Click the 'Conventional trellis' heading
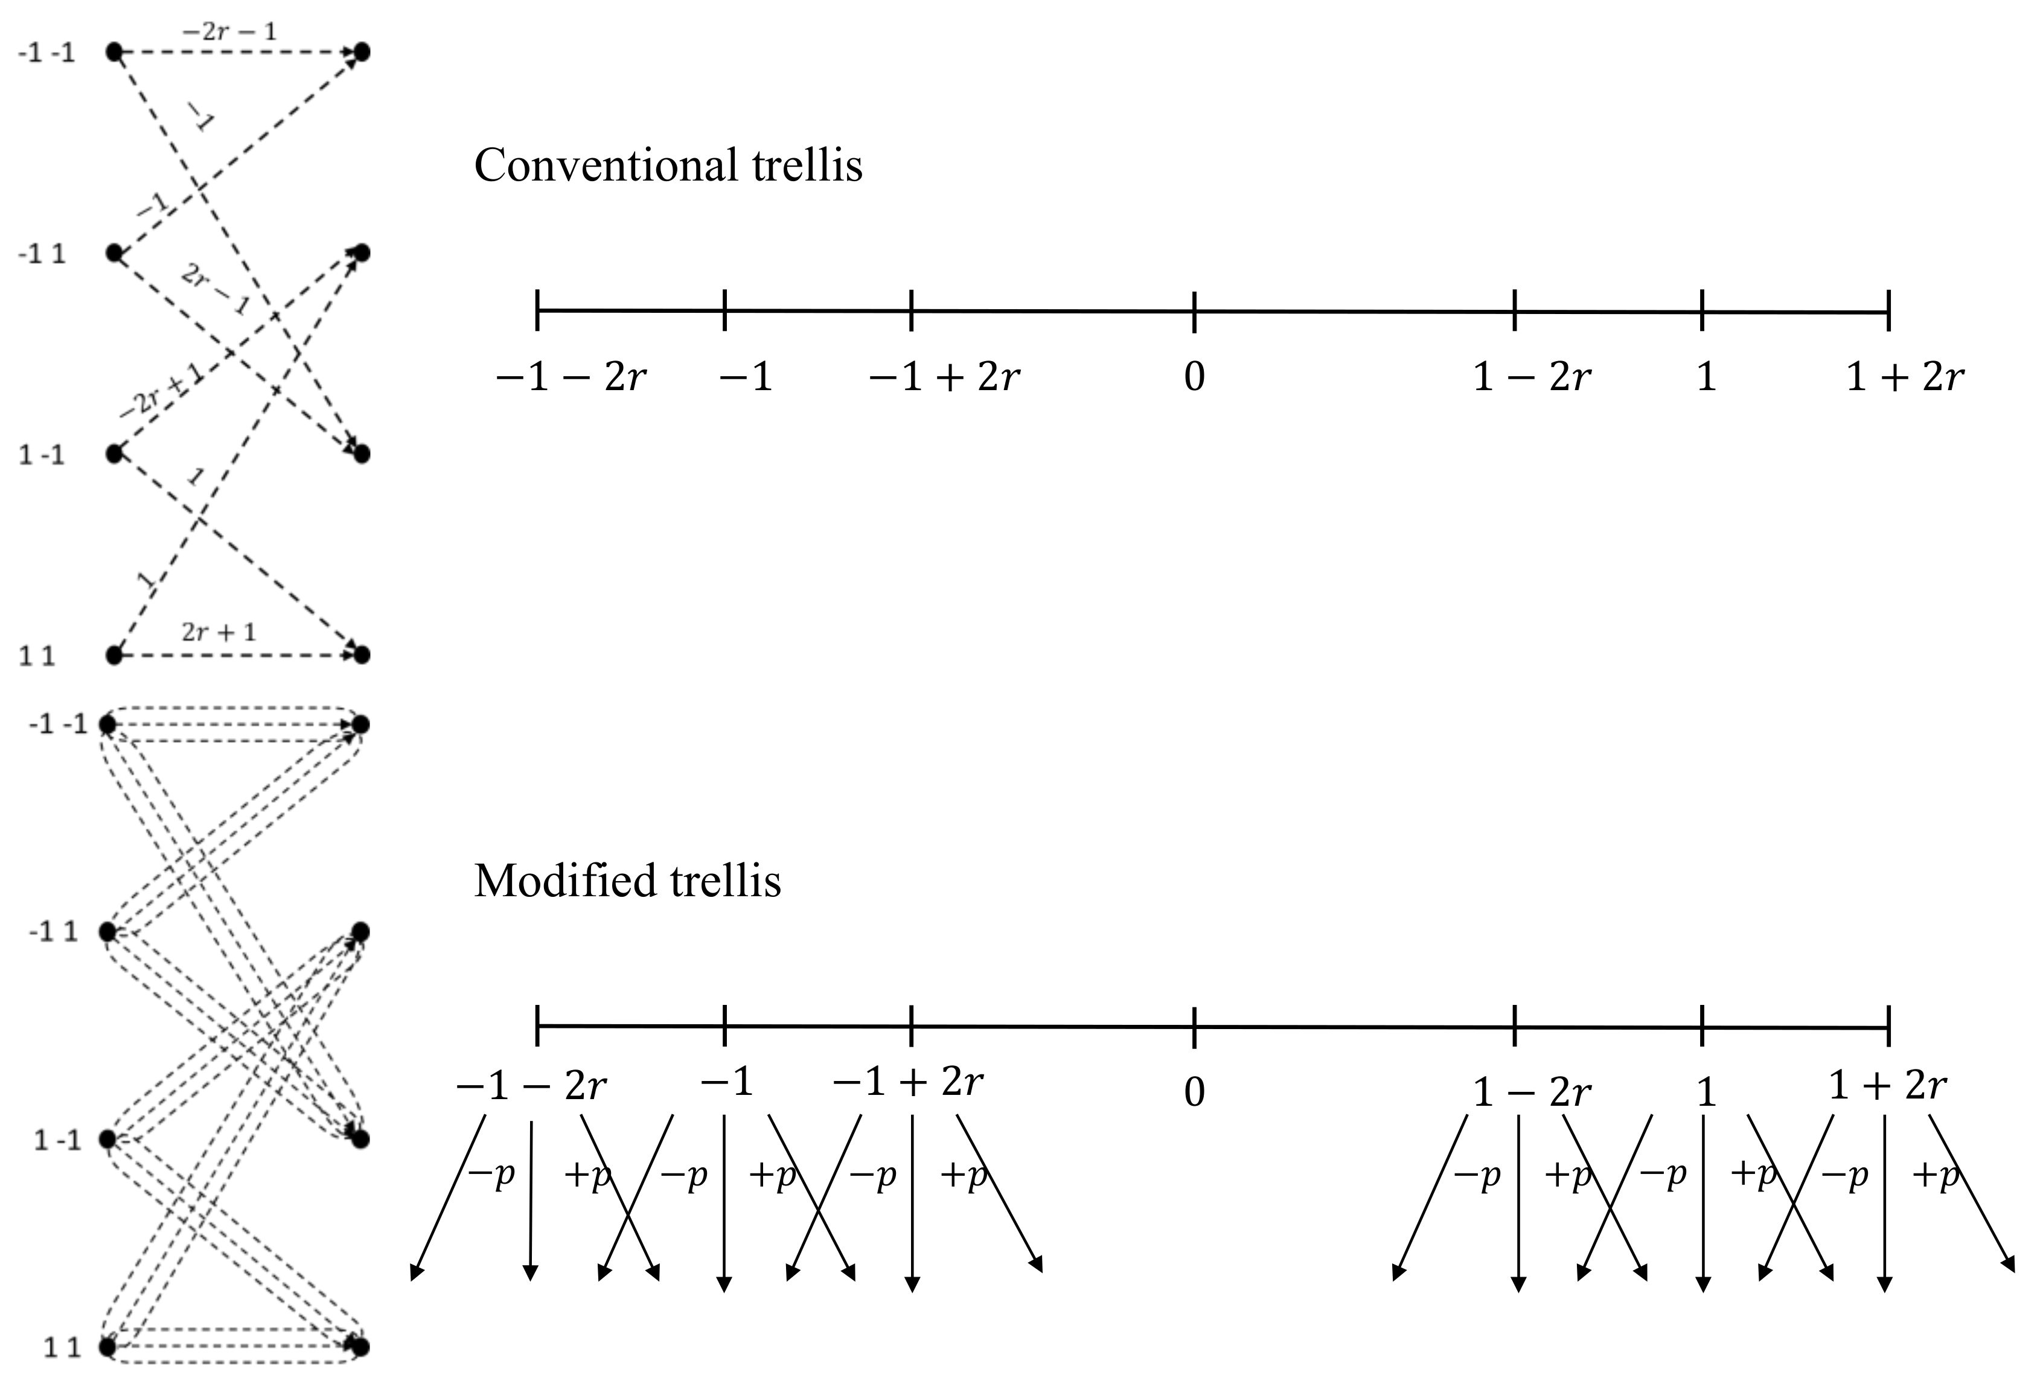coord(668,165)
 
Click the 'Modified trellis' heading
coord(627,881)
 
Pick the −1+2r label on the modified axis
coord(908,1084)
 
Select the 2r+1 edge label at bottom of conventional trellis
coord(219,632)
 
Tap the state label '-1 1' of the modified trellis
coord(53,931)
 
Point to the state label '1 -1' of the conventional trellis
coord(41,455)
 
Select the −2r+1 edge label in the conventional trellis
coord(160,391)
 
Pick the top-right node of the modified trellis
coord(360,724)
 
